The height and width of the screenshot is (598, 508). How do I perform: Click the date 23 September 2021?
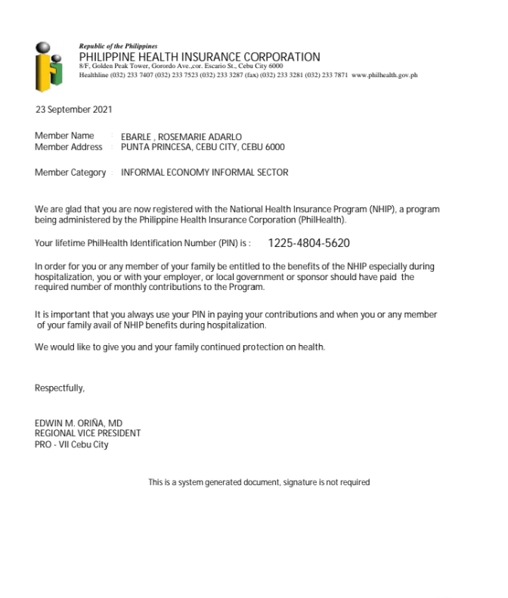[73, 110]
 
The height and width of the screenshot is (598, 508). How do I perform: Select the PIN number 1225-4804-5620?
[308, 244]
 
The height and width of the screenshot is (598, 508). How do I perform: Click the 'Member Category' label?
[70, 173]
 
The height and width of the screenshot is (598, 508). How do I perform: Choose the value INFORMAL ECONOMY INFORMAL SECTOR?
[204, 173]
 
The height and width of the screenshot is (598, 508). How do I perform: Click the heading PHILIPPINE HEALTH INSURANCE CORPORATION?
[200, 57]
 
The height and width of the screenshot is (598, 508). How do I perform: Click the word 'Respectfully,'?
[60, 388]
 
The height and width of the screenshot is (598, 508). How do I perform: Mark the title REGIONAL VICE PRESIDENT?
[88, 434]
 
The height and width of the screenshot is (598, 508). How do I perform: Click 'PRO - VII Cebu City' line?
[72, 444]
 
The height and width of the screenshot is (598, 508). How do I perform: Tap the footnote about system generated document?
[259, 482]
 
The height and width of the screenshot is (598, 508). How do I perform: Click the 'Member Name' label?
[64, 136]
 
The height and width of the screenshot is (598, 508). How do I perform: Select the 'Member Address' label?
[68, 147]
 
